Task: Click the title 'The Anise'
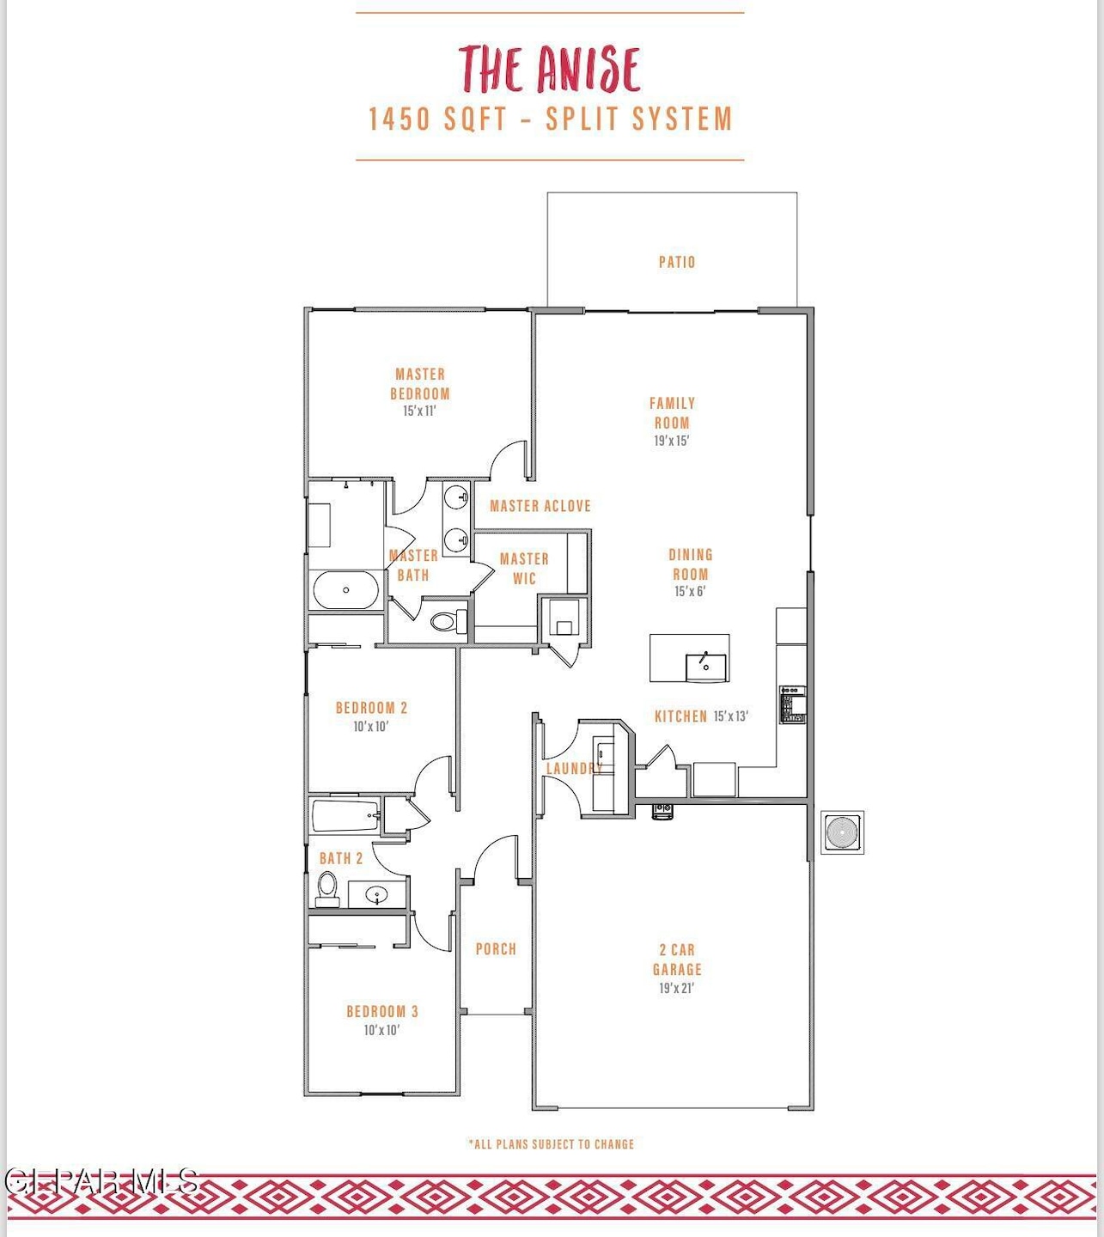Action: click(x=550, y=70)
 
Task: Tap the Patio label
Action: click(x=677, y=262)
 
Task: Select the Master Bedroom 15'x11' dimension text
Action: click(x=419, y=411)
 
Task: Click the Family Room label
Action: click(x=672, y=412)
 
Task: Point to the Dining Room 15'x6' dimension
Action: click(x=690, y=592)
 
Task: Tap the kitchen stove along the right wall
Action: click(x=792, y=704)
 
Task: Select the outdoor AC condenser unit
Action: click(x=842, y=832)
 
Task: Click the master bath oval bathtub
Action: click(x=345, y=590)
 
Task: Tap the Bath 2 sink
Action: click(x=377, y=895)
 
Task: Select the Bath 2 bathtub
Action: click(x=345, y=815)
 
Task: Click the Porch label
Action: click(x=496, y=949)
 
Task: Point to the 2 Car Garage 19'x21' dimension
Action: click(x=676, y=989)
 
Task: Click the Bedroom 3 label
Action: click(x=382, y=1011)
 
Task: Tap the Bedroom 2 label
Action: click(x=371, y=708)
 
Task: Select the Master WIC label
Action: click(x=524, y=569)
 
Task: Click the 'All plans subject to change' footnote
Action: click(x=552, y=1144)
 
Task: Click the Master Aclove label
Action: click(x=540, y=506)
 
